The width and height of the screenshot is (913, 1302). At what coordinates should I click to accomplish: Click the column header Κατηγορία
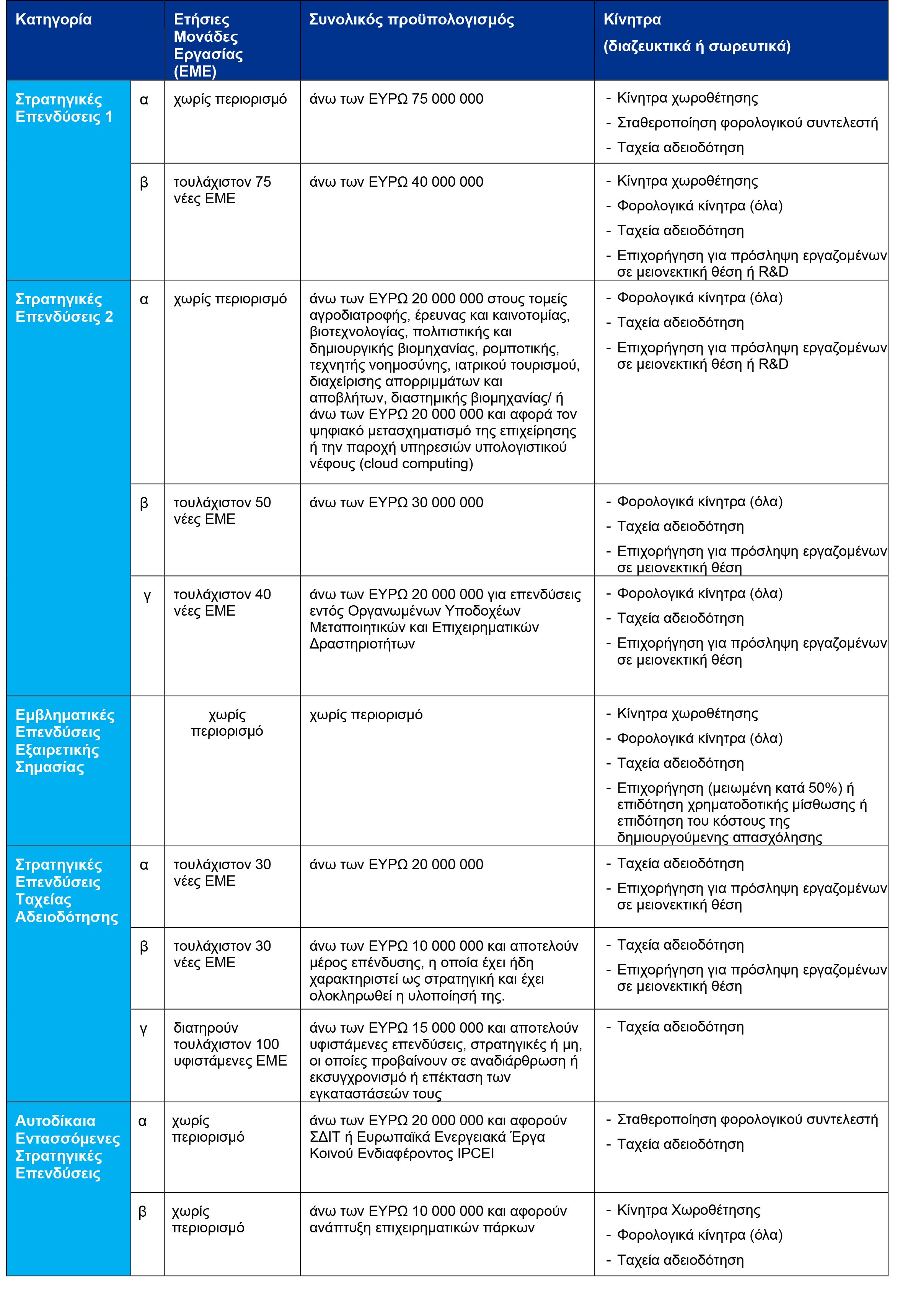pos(53,20)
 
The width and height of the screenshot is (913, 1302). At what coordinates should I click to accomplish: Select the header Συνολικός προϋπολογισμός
pos(411,20)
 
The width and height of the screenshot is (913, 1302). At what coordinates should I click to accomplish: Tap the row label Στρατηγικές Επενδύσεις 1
pos(64,108)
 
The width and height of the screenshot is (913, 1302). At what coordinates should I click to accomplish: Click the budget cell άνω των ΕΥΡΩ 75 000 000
pos(396,99)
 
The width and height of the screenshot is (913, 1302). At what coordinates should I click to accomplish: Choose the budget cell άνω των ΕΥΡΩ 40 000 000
pos(396,182)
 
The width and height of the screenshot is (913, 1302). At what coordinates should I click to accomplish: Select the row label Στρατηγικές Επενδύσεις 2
pos(64,307)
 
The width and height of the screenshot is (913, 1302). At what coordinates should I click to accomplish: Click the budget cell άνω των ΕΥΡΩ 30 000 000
pos(396,502)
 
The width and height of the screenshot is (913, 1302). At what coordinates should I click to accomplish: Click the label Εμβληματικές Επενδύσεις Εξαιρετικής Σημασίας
pos(65,741)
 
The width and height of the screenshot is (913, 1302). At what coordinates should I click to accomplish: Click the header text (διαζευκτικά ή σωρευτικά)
pos(696,47)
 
